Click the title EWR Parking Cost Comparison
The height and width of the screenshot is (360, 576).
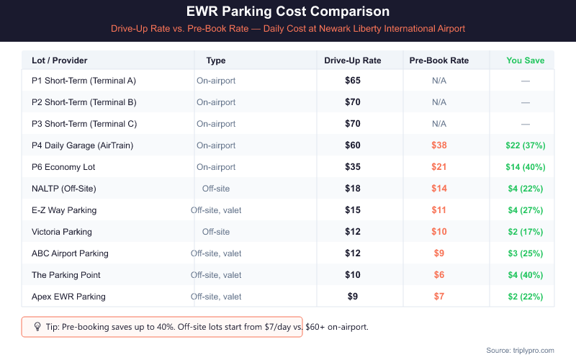tap(288, 12)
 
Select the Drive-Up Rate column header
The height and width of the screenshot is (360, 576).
tap(353, 60)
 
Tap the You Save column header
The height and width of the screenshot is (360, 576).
tap(525, 60)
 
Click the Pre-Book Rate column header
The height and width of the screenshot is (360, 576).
tap(438, 60)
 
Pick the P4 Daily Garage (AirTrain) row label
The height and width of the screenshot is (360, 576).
tap(82, 145)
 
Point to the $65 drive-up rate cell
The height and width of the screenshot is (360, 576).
tap(353, 81)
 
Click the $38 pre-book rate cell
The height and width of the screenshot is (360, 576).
tap(438, 145)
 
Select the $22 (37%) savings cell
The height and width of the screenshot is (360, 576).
tap(525, 145)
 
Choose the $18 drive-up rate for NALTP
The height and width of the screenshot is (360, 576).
tap(353, 189)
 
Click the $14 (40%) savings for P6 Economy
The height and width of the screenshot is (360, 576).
tap(525, 167)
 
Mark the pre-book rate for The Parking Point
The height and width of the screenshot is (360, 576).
tap(438, 275)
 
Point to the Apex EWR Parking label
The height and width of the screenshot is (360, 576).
tap(68, 297)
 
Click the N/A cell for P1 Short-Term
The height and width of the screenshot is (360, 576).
tap(438, 81)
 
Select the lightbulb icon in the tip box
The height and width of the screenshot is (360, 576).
tap(37, 327)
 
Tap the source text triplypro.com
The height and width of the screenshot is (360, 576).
tap(520, 350)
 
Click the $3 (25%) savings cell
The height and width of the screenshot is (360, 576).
tap(525, 253)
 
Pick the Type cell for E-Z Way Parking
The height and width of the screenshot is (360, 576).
tap(216, 210)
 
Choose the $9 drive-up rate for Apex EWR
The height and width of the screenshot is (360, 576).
tap(353, 297)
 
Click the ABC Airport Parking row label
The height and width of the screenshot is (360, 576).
tap(70, 253)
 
